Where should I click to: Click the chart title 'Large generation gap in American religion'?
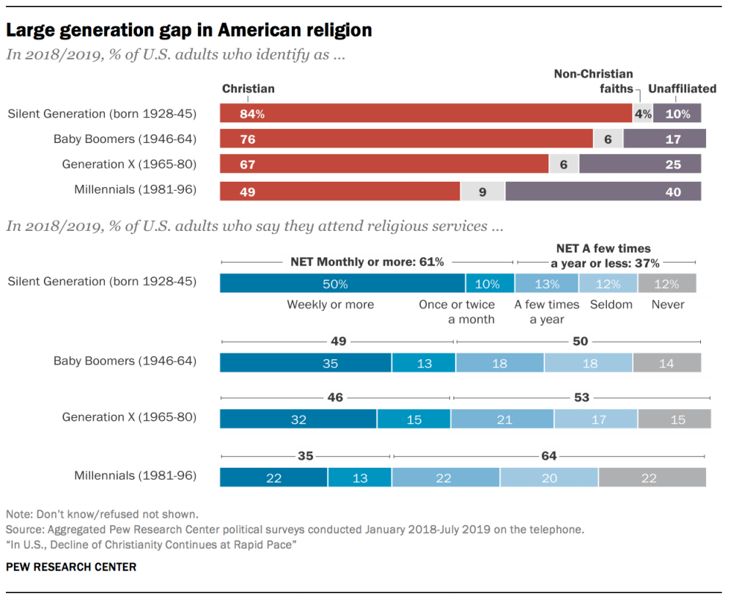[189, 30]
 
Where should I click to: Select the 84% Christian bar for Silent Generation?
[426, 114]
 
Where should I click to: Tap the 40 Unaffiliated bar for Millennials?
[603, 192]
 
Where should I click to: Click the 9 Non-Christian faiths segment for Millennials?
[482, 192]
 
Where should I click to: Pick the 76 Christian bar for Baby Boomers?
[406, 139]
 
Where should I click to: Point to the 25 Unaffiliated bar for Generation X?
[639, 165]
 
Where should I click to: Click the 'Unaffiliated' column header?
[682, 89]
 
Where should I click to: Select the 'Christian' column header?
[249, 89]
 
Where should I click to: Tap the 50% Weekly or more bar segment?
[342, 284]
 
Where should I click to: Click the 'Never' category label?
[667, 304]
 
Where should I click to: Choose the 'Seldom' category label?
[611, 304]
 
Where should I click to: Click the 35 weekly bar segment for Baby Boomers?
[306, 363]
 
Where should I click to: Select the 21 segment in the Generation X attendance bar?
[502, 419]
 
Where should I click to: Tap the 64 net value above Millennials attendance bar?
[548, 456]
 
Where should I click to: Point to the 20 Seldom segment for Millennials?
[549, 477]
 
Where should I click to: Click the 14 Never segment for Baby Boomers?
[666, 363]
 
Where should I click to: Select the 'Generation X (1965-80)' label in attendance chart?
[129, 417]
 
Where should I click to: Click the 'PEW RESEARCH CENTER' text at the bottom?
[71, 567]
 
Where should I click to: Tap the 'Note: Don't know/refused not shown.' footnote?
[102, 515]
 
